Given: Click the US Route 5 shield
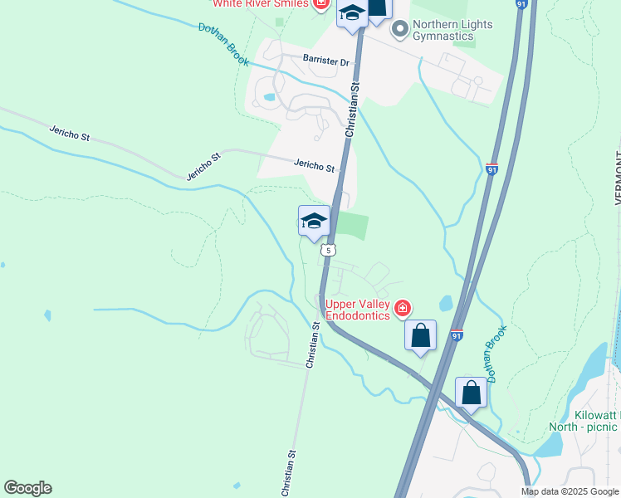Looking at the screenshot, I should click(x=330, y=250).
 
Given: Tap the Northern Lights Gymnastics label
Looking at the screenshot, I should click(x=453, y=30).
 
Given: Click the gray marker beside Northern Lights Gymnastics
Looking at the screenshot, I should click(x=400, y=30).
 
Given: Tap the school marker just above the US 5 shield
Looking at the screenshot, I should click(x=314, y=222).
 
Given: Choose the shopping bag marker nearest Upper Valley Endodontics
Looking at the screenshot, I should click(x=421, y=336).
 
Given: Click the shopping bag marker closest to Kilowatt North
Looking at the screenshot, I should click(x=471, y=392).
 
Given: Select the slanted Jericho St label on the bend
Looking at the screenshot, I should click(x=203, y=166).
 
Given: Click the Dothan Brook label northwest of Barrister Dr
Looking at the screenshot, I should click(x=223, y=44).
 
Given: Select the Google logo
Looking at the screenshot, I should click(x=27, y=488).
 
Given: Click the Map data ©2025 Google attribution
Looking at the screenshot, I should click(x=570, y=491).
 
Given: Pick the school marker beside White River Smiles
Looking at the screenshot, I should click(x=351, y=14).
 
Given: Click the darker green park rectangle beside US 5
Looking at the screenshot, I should click(x=351, y=225).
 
